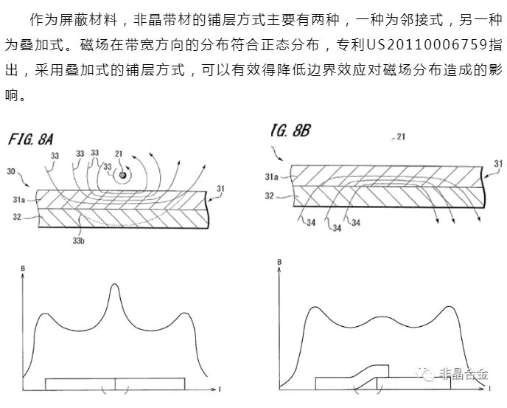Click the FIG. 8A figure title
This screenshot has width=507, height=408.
click(x=30, y=139)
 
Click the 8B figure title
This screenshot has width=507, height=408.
click(x=290, y=131)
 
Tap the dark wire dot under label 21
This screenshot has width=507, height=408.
click(x=122, y=175)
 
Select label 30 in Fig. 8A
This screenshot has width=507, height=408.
click(x=11, y=171)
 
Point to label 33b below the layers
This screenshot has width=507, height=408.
click(x=78, y=241)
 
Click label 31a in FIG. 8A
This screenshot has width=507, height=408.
click(x=18, y=200)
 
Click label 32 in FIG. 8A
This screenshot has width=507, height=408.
click(x=17, y=217)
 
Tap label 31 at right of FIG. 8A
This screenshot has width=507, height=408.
click(x=220, y=188)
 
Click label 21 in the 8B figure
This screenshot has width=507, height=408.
click(x=401, y=137)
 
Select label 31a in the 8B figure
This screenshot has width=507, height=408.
click(x=272, y=177)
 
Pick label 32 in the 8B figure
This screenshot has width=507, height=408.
click(x=270, y=196)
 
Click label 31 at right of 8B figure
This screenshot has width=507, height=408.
click(x=498, y=164)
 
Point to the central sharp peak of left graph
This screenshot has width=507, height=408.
click(x=114, y=284)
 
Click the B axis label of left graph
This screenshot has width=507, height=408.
click(x=23, y=269)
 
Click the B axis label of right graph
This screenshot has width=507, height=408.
click(x=279, y=262)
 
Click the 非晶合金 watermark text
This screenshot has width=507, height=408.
click(x=464, y=374)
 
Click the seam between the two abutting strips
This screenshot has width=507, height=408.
click(x=115, y=384)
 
